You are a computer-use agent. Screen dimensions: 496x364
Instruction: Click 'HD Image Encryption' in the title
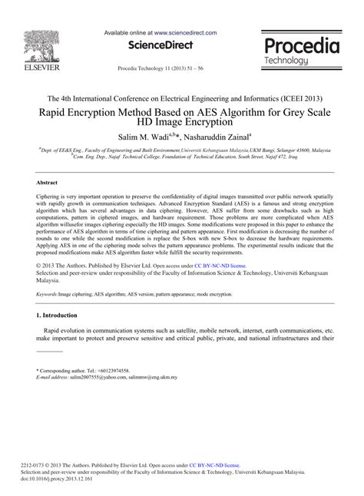[x=183, y=122]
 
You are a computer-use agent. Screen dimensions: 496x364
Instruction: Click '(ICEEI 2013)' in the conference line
[x=296, y=98]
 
